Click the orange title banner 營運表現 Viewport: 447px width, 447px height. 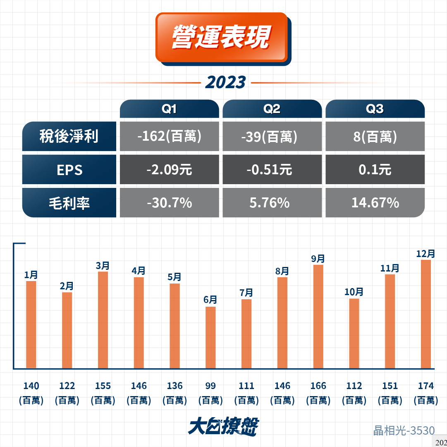click(222, 37)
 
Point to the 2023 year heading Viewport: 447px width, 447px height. click(225, 82)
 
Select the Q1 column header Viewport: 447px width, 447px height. click(170, 109)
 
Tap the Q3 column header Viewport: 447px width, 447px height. click(375, 109)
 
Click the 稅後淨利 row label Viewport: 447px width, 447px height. click(69, 136)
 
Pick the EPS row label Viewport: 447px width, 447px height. click(69, 169)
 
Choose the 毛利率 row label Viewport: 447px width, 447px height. click(69, 202)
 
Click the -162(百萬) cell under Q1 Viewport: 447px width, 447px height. click(170, 136)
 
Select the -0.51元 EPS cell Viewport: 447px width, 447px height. click(272, 169)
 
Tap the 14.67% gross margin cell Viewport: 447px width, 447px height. click(375, 202)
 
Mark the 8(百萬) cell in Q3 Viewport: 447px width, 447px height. click(375, 136)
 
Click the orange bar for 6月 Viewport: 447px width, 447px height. click(210, 337)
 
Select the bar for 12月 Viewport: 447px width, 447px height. click(426, 314)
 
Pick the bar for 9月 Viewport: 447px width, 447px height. click(318, 317)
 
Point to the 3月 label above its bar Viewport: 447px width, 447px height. click(103, 266)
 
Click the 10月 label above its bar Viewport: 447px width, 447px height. click(354, 292)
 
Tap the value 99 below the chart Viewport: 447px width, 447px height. click(210, 386)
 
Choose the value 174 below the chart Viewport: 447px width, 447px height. click(425, 386)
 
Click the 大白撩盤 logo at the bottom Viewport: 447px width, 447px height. click(223, 426)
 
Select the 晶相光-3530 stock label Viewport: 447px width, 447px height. click(404, 430)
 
